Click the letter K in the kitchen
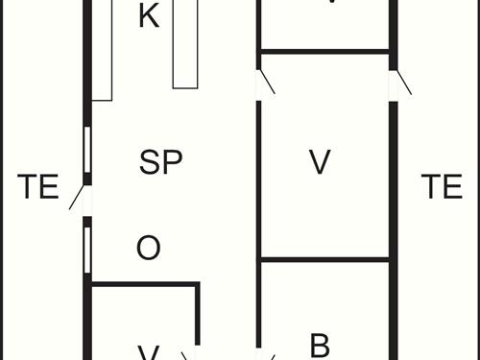coord(148,15)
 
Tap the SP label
coord(160,162)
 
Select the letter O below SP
coord(148,249)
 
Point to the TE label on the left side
coord(38,187)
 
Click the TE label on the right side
coord(442,187)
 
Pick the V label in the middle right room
coord(320,162)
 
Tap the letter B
coord(320,344)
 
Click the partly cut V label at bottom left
coord(148,353)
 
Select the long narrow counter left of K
coord(103,48)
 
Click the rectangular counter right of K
coord(184,43)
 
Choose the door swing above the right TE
coord(400,82)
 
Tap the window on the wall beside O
coord(87,248)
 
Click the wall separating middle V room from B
coord(324,259)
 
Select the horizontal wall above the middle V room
coord(324,51)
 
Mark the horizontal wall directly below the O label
coord(144,284)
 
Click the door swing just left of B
coord(265,353)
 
